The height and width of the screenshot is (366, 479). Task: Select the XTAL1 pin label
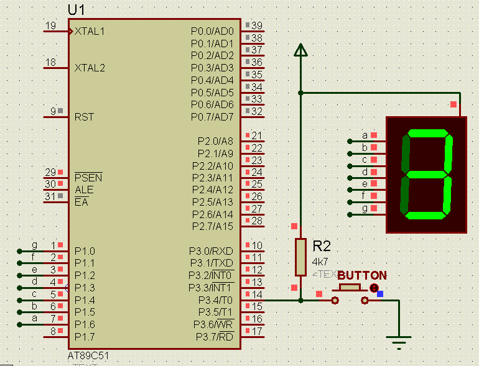pyautogui.click(x=90, y=31)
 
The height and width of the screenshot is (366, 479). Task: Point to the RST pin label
pyautogui.click(x=85, y=116)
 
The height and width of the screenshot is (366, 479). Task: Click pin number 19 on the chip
pyautogui.click(x=50, y=25)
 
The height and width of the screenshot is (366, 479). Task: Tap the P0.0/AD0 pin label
pyautogui.click(x=212, y=31)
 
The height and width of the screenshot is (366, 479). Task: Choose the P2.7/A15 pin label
pyautogui.click(x=212, y=226)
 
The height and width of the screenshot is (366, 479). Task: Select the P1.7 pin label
pyautogui.click(x=85, y=337)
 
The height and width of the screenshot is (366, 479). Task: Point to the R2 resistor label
pyautogui.click(x=322, y=245)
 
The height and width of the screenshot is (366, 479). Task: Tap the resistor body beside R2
pyautogui.click(x=300, y=257)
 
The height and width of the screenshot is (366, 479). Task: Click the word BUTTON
pyautogui.click(x=362, y=275)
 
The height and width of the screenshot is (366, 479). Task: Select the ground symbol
pyautogui.click(x=399, y=341)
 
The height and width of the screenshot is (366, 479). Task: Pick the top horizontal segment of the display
pyautogui.click(x=428, y=133)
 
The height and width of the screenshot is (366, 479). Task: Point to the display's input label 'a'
pyautogui.click(x=365, y=135)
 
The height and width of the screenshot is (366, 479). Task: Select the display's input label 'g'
pyautogui.click(x=365, y=208)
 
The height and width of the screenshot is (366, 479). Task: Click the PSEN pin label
pyautogui.click(x=88, y=178)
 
